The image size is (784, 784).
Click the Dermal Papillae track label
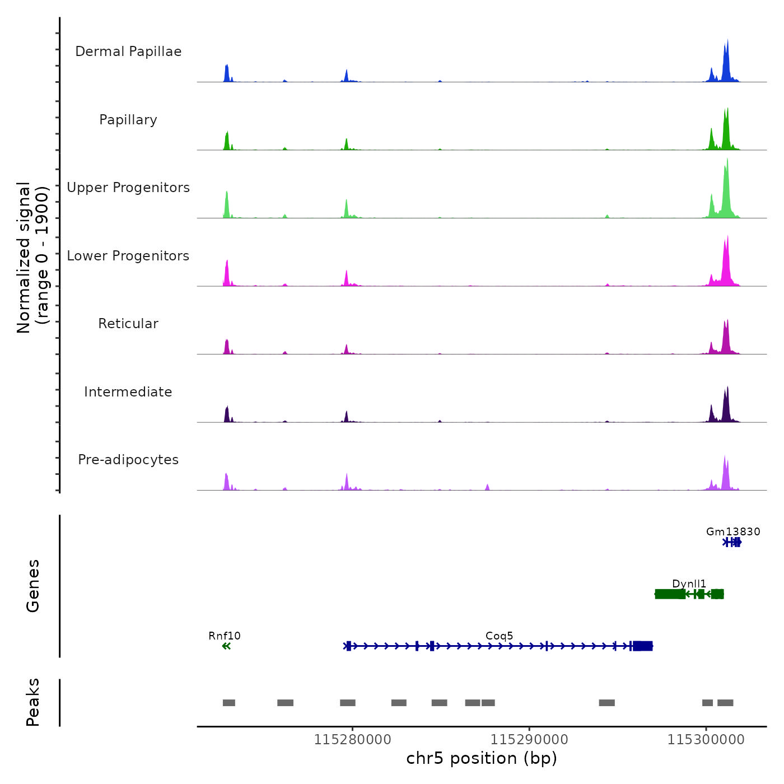click(x=128, y=52)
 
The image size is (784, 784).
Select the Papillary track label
click(x=128, y=120)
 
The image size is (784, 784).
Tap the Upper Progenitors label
click(x=128, y=188)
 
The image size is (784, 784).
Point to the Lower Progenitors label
click(x=128, y=256)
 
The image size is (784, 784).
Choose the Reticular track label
click(x=128, y=324)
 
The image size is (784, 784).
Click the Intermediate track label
click(x=128, y=392)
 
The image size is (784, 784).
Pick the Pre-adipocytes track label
click(x=128, y=460)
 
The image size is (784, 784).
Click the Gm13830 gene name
click(x=733, y=531)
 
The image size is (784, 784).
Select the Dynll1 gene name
click(x=689, y=584)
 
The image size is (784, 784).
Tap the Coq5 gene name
click(x=499, y=636)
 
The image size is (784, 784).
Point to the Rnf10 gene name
click(x=224, y=636)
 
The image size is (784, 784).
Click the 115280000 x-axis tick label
click(x=352, y=740)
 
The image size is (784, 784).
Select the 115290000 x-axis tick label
click(x=529, y=740)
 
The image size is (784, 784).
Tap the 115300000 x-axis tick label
click(x=706, y=740)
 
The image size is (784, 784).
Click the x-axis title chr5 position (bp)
click(x=482, y=758)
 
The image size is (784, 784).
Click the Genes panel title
click(x=32, y=586)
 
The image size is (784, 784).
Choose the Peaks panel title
click(x=32, y=702)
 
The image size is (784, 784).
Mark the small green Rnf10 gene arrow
click(x=226, y=646)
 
